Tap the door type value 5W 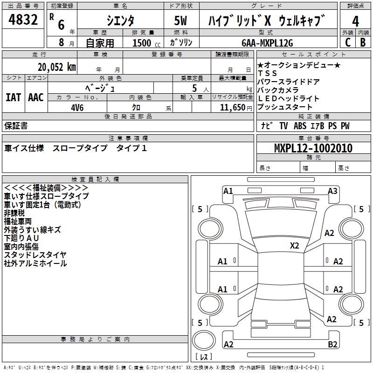[x=181, y=21]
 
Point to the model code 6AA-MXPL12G [x=268, y=43]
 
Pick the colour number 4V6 [x=77, y=107]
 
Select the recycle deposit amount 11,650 [x=229, y=107]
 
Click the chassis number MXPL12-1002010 [x=313, y=148]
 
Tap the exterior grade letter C [x=347, y=42]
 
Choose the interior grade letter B [x=363, y=42]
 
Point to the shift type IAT [x=13, y=97]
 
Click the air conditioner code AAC [x=36, y=97]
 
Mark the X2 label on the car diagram [x=294, y=245]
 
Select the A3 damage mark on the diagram [x=332, y=191]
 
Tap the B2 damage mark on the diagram [x=333, y=344]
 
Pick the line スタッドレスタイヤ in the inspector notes [x=35, y=255]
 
